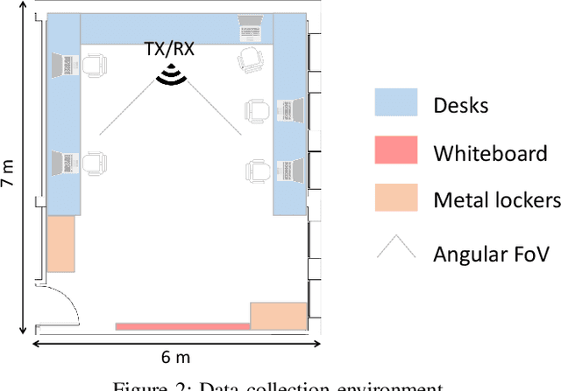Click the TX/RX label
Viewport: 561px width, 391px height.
click(169, 50)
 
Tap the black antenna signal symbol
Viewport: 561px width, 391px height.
click(171, 77)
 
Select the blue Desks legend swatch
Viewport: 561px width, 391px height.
click(399, 103)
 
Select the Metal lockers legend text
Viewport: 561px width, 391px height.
click(497, 201)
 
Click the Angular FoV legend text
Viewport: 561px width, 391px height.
click(491, 255)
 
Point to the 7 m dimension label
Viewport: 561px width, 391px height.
click(9, 173)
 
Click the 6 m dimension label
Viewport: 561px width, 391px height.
click(175, 356)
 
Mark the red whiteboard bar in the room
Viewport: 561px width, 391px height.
click(182, 326)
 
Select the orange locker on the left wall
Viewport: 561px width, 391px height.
click(61, 244)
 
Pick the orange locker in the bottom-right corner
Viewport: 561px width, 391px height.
click(279, 316)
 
